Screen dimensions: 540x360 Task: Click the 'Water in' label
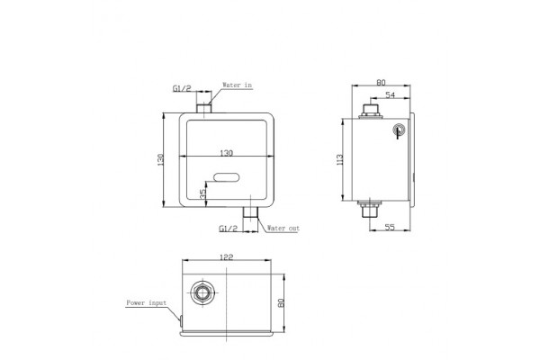(x=237, y=85)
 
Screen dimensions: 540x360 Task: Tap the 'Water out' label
(x=283, y=228)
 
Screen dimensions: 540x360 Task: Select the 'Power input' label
(x=147, y=302)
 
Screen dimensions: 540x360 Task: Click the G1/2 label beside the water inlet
(x=182, y=88)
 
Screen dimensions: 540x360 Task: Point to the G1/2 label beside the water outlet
(x=229, y=228)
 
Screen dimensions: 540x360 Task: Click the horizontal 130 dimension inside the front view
(x=226, y=153)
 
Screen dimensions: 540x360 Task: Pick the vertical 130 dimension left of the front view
(x=160, y=160)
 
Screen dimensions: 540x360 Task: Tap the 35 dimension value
(x=203, y=193)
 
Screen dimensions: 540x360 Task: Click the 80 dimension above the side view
(x=381, y=82)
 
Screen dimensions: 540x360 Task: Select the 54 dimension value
(x=391, y=95)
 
